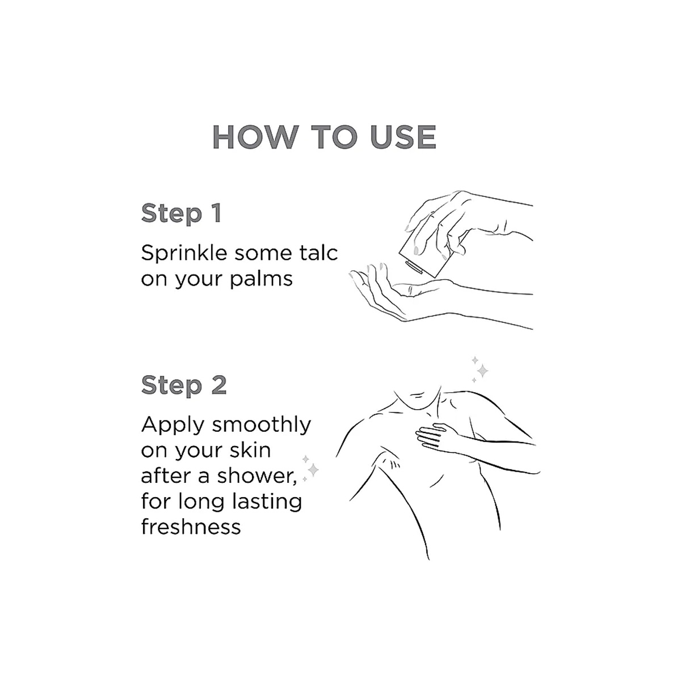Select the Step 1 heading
(181, 213)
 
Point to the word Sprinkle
(184, 254)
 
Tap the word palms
(261, 280)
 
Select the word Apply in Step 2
(173, 426)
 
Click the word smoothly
(261, 424)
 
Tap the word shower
(257, 476)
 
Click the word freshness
(191, 526)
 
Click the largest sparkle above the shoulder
(482, 371)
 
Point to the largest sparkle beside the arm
(313, 470)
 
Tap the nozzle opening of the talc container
(414, 267)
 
